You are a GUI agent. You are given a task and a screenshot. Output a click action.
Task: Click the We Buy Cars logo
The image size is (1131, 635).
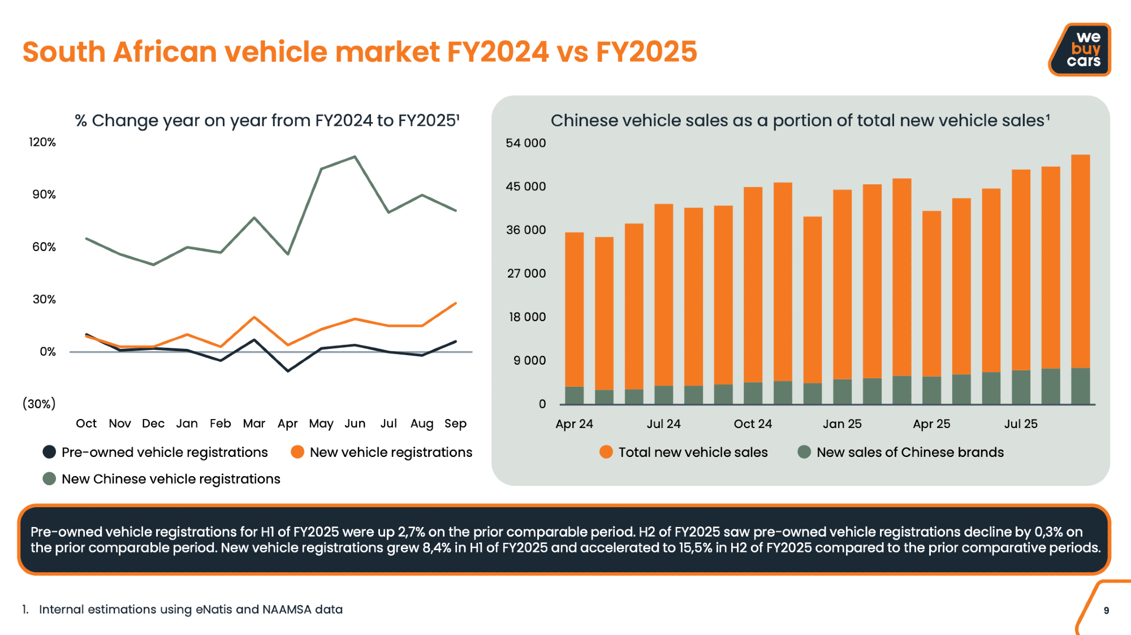pos(1081,50)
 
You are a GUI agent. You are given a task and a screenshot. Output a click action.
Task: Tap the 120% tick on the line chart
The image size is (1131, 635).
pos(42,142)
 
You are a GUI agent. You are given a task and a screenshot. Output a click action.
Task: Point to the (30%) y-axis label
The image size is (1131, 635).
pos(39,404)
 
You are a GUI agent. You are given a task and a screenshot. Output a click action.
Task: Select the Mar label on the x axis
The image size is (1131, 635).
pos(254,424)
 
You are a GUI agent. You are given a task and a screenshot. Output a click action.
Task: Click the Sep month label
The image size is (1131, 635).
pos(455,424)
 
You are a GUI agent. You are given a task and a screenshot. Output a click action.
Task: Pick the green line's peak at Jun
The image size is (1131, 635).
pos(355,157)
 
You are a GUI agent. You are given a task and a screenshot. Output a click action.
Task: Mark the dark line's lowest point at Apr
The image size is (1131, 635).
pos(288,371)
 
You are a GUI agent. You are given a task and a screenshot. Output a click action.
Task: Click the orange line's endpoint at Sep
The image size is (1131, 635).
pos(456,304)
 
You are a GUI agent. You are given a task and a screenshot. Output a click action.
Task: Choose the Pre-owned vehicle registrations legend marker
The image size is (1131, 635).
pos(50,452)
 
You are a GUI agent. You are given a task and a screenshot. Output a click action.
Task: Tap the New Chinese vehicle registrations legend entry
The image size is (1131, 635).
pos(170,479)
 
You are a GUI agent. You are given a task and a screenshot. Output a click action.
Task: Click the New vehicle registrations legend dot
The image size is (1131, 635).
pos(297,452)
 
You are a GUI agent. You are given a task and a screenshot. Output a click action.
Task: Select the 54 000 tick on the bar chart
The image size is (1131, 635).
pos(525,143)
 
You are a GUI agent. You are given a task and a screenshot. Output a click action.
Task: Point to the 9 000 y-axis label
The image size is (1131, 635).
pos(529,361)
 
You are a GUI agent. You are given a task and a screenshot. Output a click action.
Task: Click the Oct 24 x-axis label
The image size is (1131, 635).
pos(753,424)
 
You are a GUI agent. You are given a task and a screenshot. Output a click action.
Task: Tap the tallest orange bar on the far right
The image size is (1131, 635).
pos(1080,260)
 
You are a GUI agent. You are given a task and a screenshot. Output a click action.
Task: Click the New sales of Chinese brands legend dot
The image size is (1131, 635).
pos(804,452)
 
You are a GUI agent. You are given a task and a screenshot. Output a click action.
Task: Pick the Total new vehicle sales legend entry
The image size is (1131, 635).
pos(693,452)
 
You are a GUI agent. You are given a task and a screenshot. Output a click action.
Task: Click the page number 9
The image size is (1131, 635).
pos(1106,611)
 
